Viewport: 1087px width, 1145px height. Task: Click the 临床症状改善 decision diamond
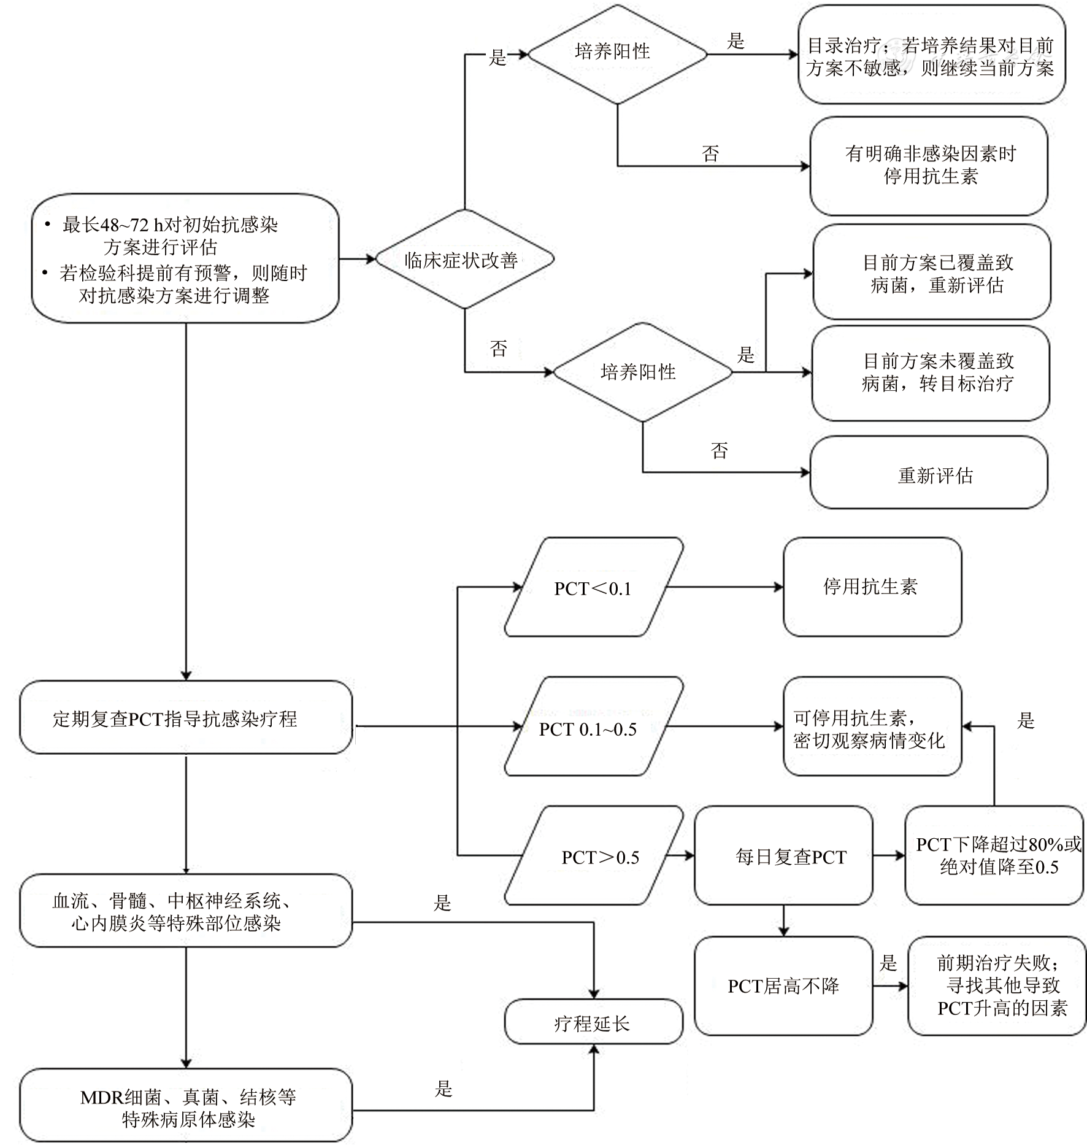click(464, 260)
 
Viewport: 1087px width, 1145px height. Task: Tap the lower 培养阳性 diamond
click(642, 372)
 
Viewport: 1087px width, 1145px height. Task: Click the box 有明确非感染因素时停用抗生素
click(929, 166)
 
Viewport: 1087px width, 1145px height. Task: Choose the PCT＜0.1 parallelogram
click(593, 588)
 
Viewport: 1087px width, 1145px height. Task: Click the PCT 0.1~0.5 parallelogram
click(593, 728)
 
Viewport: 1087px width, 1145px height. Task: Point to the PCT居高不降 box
click(783, 986)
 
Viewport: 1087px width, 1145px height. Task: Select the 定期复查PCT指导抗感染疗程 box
click(186, 718)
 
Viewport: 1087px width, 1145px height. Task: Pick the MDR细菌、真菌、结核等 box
click(186, 1108)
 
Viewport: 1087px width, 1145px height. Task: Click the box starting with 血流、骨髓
click(186, 912)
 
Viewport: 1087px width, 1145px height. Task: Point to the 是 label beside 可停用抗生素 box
click(1026, 720)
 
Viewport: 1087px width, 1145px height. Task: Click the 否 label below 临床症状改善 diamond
click(499, 349)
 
